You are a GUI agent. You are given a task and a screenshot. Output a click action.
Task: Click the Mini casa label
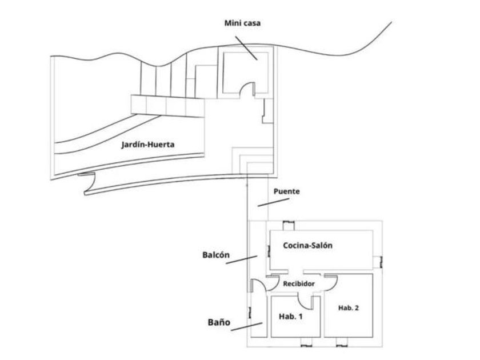tap(242, 23)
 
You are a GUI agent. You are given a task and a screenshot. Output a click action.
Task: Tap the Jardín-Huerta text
tap(148, 145)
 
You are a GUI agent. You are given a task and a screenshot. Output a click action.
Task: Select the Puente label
tap(286, 191)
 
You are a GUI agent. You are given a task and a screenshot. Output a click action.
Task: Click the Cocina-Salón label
tap(307, 245)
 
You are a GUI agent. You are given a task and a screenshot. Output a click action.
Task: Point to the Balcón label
tap(216, 255)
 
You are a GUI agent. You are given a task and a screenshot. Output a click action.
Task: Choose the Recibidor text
tap(299, 284)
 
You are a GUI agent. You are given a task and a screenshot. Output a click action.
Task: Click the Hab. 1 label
tap(290, 316)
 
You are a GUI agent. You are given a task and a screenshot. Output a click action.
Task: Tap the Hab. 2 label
tap(349, 308)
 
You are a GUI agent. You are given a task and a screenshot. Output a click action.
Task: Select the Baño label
tap(219, 322)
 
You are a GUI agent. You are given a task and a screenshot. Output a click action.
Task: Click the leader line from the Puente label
tap(273, 202)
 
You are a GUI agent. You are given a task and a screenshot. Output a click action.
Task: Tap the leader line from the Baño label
tap(247, 327)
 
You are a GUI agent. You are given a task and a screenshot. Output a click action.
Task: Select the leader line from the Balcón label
tap(242, 260)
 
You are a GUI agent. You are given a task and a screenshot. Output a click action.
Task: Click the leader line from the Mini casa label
tap(246, 48)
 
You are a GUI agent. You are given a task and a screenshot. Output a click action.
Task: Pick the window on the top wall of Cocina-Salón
tap(288, 226)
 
